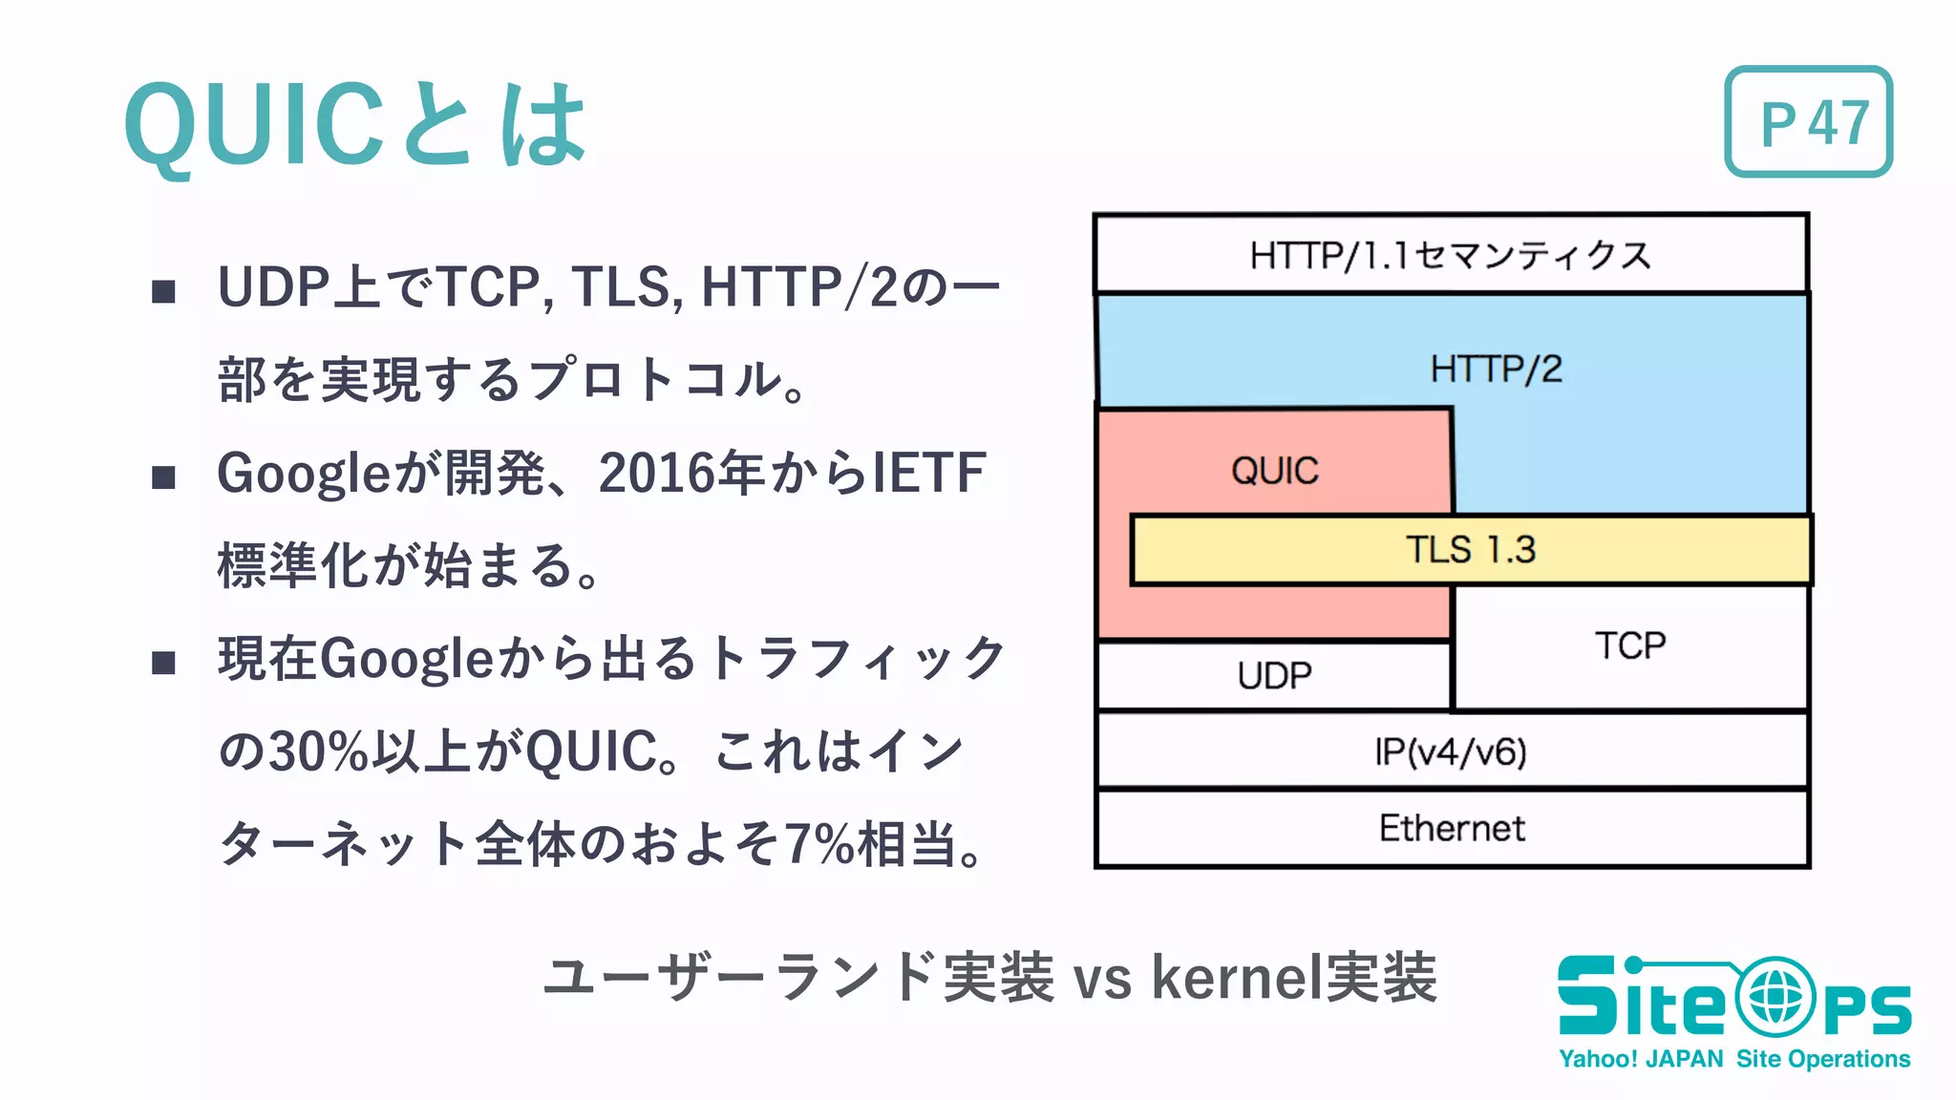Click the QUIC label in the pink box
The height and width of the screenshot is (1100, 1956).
click(x=1274, y=471)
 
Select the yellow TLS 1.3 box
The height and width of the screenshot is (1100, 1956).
click(x=1470, y=550)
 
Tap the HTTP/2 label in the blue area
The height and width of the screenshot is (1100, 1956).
click(x=1496, y=370)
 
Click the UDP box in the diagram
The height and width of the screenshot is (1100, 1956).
click(x=1274, y=676)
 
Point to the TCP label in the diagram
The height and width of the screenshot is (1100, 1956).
click(x=1629, y=646)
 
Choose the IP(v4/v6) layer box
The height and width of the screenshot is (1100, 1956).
click(x=1451, y=752)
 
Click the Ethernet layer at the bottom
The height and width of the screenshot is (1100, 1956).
click(x=1451, y=829)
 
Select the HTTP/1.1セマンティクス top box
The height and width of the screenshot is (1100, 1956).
click(x=1450, y=255)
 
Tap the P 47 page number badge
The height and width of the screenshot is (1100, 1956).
click(x=1808, y=122)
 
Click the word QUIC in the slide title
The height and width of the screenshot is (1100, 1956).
click(x=253, y=124)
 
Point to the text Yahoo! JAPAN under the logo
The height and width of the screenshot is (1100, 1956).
click(x=1640, y=1059)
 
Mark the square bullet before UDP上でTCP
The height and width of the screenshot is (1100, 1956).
click(x=164, y=291)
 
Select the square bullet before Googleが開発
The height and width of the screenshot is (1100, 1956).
click(x=164, y=477)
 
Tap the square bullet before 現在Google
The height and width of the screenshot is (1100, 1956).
click(x=164, y=663)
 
